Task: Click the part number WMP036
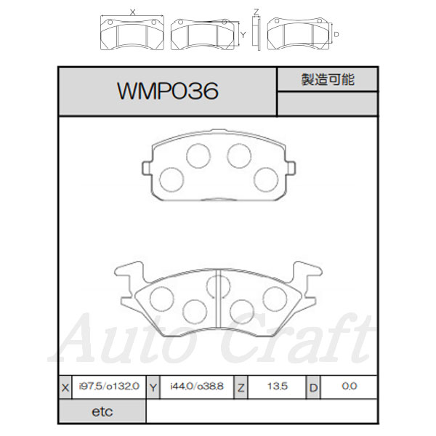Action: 168,91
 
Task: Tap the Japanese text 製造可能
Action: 328,79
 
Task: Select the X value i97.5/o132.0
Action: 109,387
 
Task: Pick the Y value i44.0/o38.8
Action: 197,387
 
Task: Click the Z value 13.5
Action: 278,387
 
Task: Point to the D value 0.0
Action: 350,387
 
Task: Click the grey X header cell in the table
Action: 65,387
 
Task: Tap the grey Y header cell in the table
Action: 153,387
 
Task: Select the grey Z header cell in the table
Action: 241,387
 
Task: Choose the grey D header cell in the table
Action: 313,387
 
